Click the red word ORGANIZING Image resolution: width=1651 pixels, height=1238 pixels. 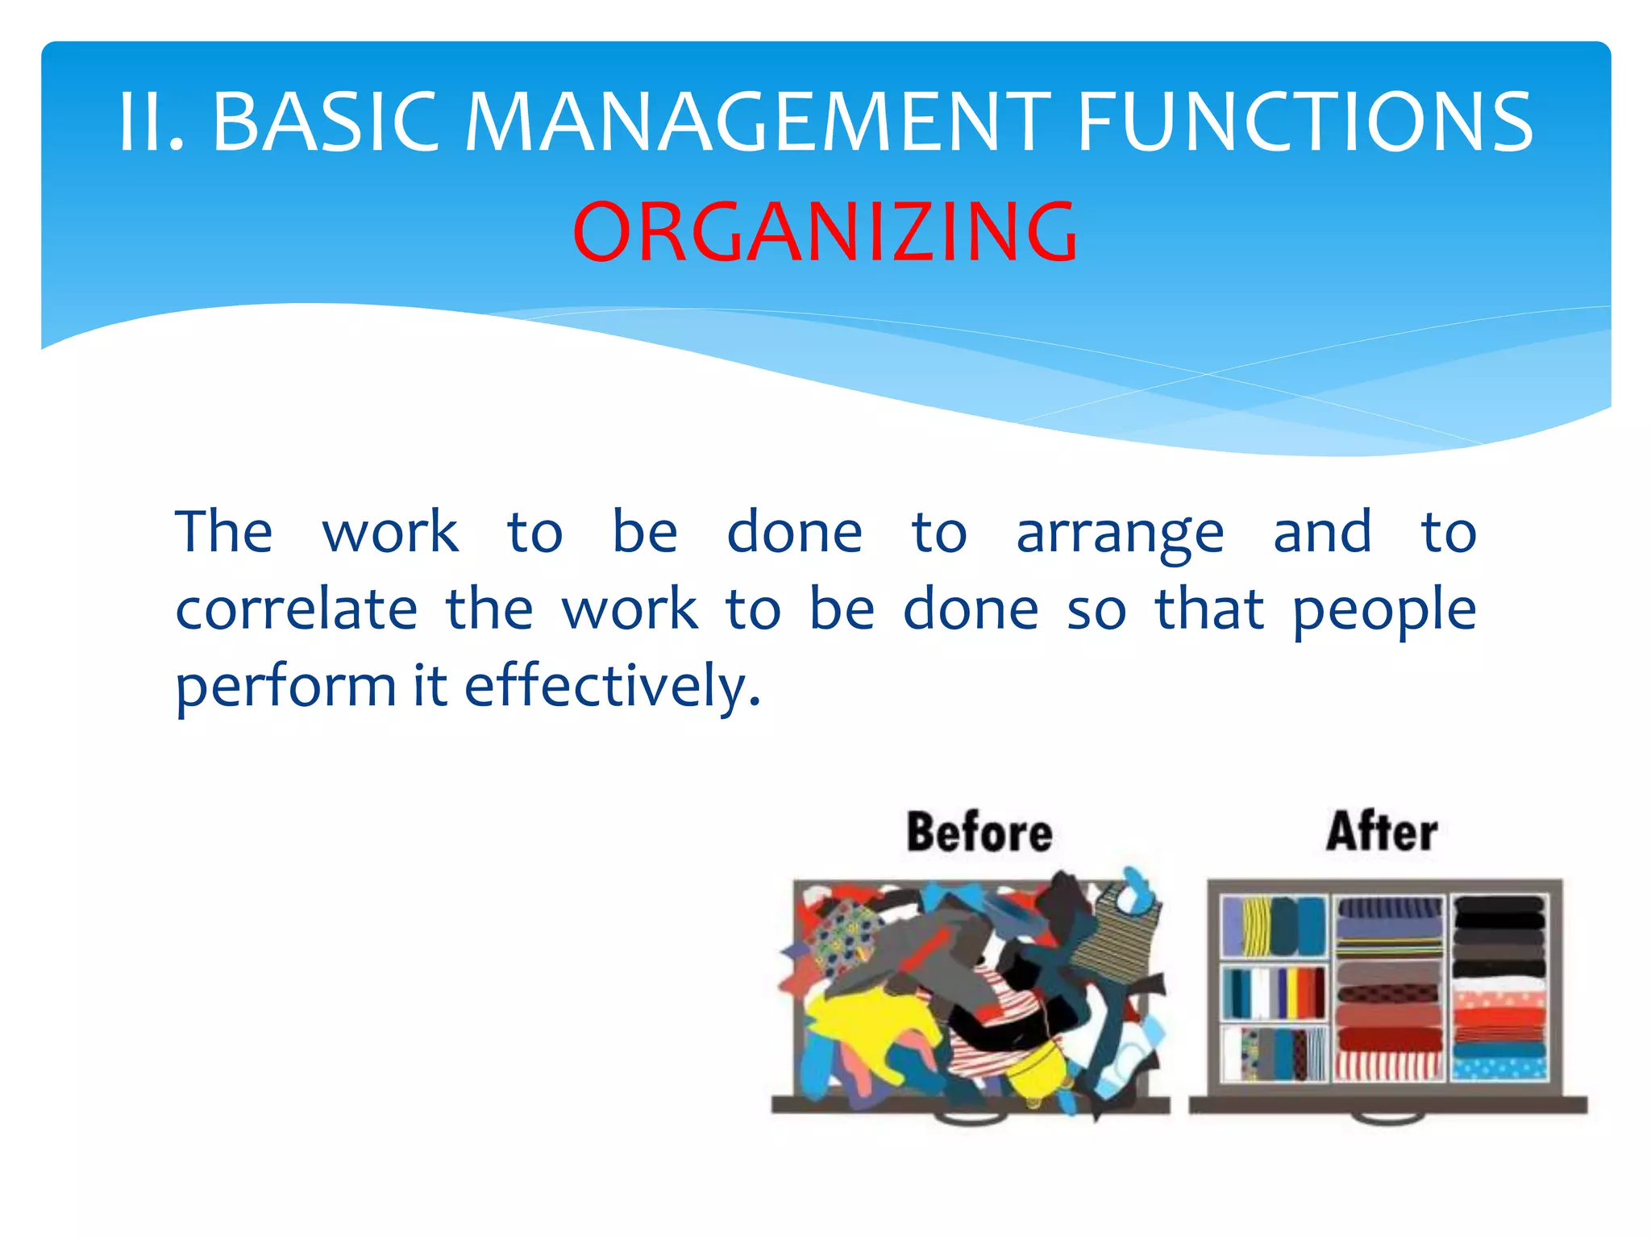[825, 232]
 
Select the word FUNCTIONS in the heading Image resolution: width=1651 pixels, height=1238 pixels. [1304, 123]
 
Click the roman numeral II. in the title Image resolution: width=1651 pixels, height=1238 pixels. [152, 123]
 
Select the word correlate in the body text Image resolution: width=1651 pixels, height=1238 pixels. [296, 610]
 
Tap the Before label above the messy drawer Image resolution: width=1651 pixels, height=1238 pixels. [979, 833]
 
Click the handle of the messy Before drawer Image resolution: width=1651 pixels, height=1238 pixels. [971, 1118]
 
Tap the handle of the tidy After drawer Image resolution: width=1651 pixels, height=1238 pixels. [1388, 1118]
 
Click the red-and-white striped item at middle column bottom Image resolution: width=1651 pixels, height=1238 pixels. [1387, 1066]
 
